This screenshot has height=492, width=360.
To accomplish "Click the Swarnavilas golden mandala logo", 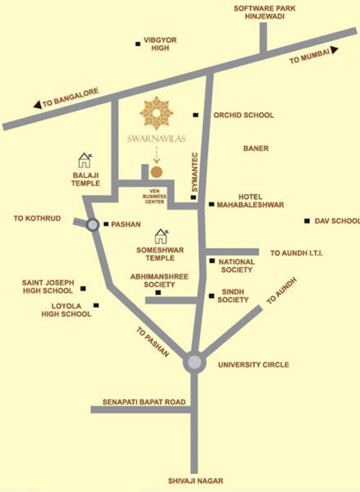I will pos(157,112).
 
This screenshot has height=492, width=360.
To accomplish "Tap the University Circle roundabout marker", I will pos(194,362).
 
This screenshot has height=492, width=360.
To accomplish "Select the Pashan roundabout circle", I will pos(93,224).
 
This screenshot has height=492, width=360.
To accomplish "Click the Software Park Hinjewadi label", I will pos(264,11).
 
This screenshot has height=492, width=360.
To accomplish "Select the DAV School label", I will pos(338,221).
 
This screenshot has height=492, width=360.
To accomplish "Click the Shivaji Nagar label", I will pos(195,482).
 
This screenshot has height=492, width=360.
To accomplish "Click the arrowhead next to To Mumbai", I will pos(336,51).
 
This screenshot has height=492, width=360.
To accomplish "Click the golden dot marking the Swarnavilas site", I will pos(156,172).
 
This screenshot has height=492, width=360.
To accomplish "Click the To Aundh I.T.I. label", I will pos(296,253).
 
